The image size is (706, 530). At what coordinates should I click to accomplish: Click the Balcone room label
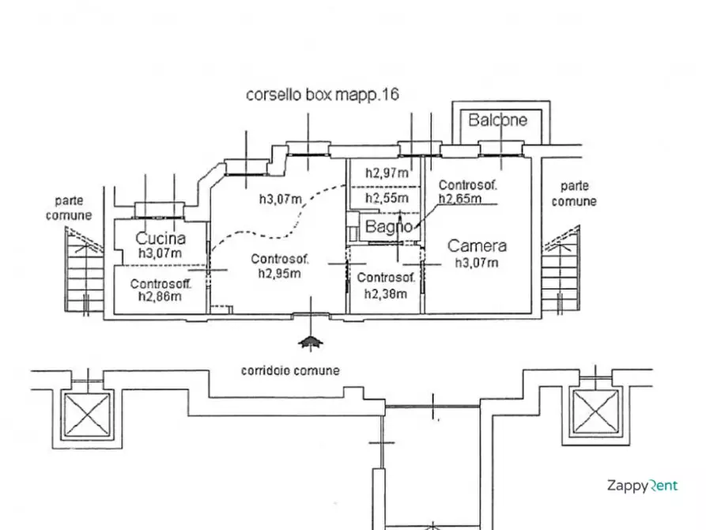(497, 120)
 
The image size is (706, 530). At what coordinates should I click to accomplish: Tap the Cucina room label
(160, 238)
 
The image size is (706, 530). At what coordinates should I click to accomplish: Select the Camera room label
(477, 246)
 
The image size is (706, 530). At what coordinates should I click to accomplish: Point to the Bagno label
(388, 226)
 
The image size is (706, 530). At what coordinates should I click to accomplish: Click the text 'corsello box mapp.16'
(323, 95)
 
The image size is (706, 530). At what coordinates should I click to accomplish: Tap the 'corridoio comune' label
(290, 370)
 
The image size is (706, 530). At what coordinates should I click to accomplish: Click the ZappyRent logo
(643, 486)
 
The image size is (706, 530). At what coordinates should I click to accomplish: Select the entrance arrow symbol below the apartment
(310, 343)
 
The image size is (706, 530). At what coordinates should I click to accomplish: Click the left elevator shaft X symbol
(85, 415)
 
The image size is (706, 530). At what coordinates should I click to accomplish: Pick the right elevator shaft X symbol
(595, 412)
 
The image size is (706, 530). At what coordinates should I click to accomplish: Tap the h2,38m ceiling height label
(386, 293)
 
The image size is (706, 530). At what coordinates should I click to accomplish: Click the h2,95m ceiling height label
(280, 273)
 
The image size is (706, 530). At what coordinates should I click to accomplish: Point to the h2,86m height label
(160, 296)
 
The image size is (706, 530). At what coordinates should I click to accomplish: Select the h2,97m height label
(387, 173)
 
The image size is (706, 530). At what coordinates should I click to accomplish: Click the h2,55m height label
(387, 199)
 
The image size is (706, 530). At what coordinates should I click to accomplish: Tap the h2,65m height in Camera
(460, 199)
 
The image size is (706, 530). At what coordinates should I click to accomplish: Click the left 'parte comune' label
(69, 208)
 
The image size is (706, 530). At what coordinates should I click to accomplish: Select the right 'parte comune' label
(574, 194)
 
